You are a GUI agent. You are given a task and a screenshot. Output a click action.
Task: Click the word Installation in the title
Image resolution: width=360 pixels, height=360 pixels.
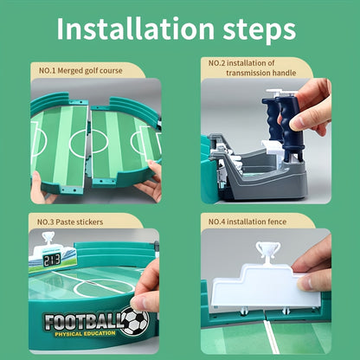tap(135, 29)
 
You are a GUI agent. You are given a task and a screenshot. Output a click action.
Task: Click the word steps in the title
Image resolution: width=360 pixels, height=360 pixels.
tap(260, 30)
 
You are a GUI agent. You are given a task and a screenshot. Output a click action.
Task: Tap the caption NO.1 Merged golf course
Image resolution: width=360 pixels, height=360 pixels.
tap(80, 71)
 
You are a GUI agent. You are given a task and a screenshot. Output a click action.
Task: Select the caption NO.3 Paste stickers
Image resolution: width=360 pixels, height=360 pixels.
tap(70, 222)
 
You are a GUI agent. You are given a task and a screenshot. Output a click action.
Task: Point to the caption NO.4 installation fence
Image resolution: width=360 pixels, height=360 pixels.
tap(247, 222)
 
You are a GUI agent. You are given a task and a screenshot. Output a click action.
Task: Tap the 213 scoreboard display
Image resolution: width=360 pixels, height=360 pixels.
tap(52, 260)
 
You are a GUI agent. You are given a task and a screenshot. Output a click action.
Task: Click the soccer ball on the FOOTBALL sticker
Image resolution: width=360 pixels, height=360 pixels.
tap(134, 321)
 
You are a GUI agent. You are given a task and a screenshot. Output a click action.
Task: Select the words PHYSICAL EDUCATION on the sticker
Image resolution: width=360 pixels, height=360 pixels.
tap(85, 334)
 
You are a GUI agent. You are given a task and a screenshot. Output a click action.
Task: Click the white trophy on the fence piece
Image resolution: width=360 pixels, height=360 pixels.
tap(268, 250)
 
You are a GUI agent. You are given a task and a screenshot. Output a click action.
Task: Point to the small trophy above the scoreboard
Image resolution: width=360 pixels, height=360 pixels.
tap(48, 237)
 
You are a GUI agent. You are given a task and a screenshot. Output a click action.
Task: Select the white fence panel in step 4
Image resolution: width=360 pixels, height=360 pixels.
tap(266, 288)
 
